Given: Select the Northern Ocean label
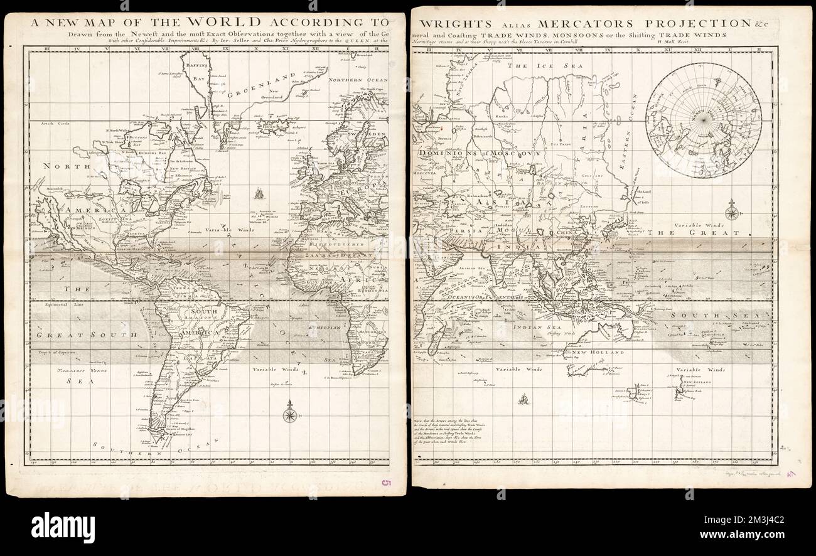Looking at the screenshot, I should (x=354, y=80).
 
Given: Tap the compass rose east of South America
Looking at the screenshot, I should (x=289, y=415).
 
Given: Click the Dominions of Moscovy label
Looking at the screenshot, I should (x=477, y=153).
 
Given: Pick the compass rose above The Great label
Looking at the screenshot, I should (x=731, y=210).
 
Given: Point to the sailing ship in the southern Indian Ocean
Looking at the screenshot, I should (x=523, y=398).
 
